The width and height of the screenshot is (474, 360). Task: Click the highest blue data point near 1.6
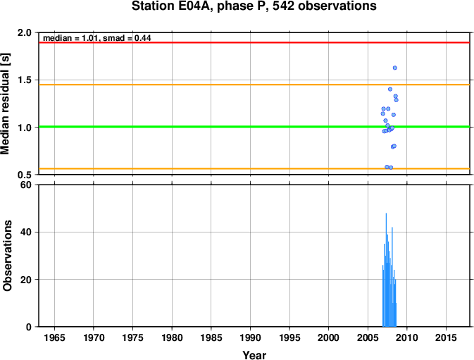[395, 68]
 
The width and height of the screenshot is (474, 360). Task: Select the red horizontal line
[254, 42]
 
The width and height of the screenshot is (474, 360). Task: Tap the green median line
[254, 127]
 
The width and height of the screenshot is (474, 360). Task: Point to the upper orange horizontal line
[254, 85]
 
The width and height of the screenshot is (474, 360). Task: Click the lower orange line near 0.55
[254, 168]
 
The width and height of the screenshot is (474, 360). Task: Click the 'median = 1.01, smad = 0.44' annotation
[97, 38]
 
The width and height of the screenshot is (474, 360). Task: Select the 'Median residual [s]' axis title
[5, 104]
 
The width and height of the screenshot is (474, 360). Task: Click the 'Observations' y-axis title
[7, 256]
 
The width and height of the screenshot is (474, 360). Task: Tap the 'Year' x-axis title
[254, 355]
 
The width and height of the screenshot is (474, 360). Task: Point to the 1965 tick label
[54, 337]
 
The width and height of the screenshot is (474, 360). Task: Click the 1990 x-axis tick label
[250, 337]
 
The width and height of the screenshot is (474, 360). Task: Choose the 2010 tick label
[407, 337]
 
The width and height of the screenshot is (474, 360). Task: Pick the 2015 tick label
[446, 337]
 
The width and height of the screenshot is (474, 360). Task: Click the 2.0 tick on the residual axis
[25, 32]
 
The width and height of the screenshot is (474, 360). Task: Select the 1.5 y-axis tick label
[25, 80]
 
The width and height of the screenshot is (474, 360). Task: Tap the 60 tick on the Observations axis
[26, 185]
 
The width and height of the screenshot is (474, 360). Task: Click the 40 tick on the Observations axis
[26, 232]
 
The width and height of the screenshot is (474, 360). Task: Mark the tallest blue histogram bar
[386, 270]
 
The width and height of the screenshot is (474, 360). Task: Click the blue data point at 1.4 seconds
[390, 89]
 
